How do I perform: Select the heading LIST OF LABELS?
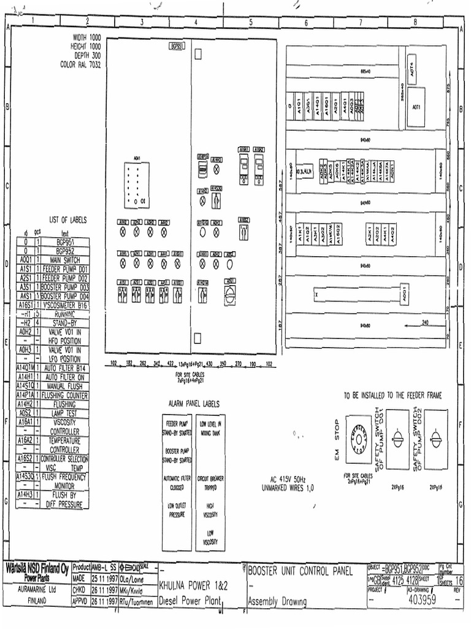(x=68, y=219)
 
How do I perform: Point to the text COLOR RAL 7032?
(x=80, y=64)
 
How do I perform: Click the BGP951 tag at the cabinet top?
(x=175, y=46)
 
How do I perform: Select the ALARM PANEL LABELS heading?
(x=194, y=404)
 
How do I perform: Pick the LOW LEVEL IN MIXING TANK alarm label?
(x=211, y=428)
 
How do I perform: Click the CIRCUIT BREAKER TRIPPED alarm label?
(x=210, y=482)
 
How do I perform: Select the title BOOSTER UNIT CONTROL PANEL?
(x=300, y=572)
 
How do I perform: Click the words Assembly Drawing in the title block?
(x=277, y=601)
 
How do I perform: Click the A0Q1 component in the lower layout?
(x=404, y=292)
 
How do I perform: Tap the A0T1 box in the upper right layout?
(x=416, y=107)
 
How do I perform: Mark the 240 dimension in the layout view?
(x=425, y=322)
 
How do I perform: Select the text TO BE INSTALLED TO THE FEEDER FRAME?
(x=392, y=396)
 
